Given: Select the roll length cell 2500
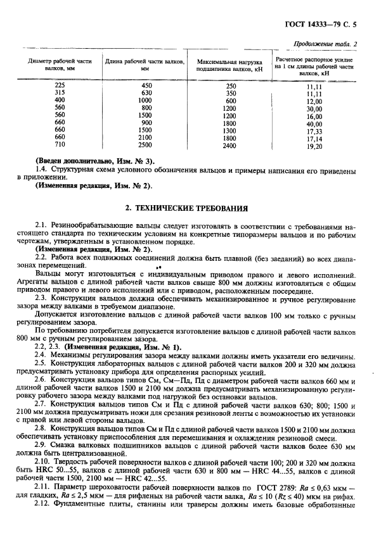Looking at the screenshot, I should [146, 145].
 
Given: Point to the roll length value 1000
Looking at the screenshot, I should [145, 101].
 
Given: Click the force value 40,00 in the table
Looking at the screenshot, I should [314, 123].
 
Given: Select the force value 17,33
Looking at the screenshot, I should [314, 130].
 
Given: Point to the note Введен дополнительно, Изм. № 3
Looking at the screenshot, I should [89, 161].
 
